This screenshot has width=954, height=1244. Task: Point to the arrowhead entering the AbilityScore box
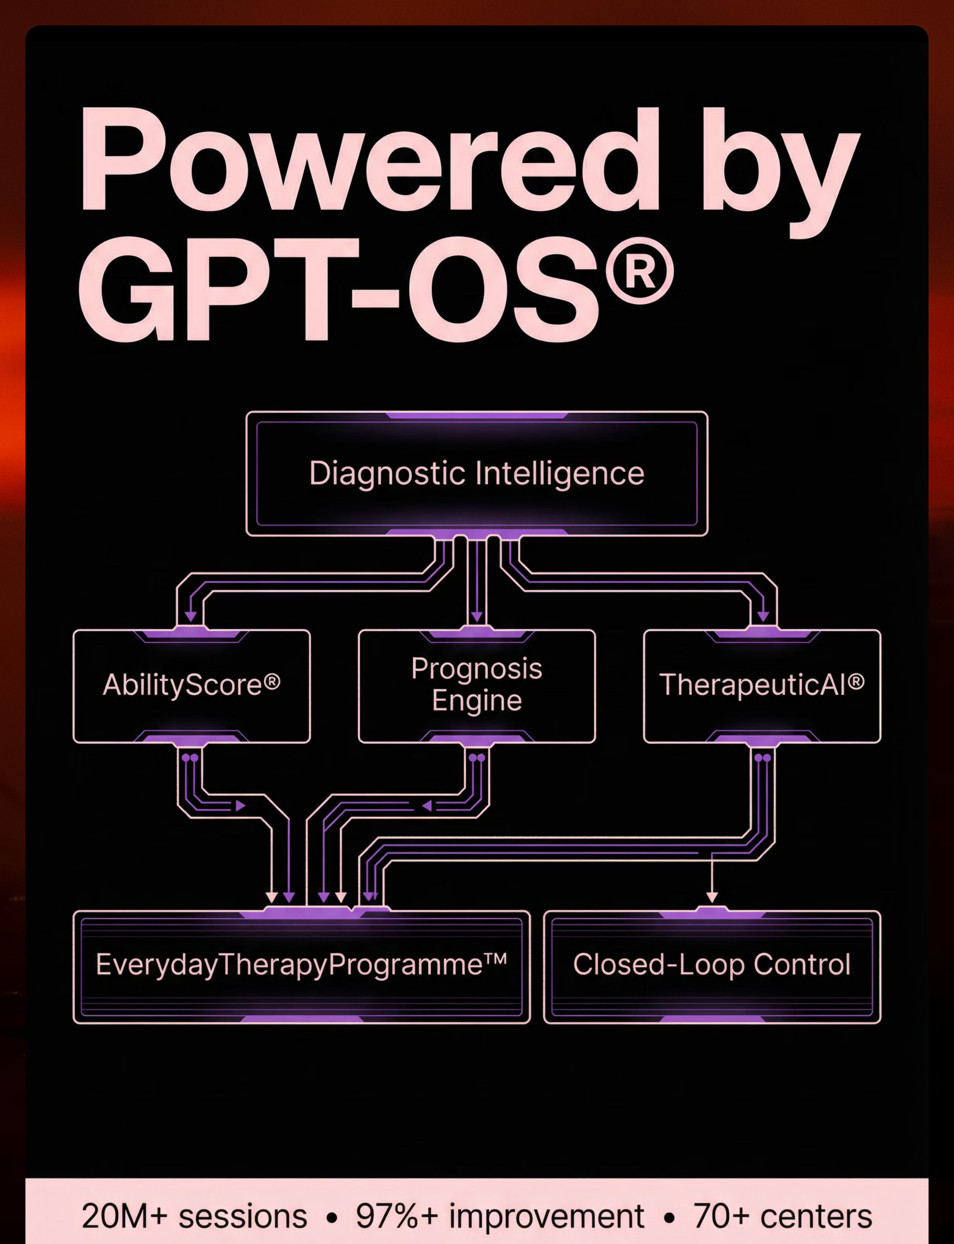click(x=191, y=616)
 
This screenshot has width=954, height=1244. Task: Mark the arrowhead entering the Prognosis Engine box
click(x=476, y=616)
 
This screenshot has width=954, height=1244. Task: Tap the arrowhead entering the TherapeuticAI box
click(x=763, y=616)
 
